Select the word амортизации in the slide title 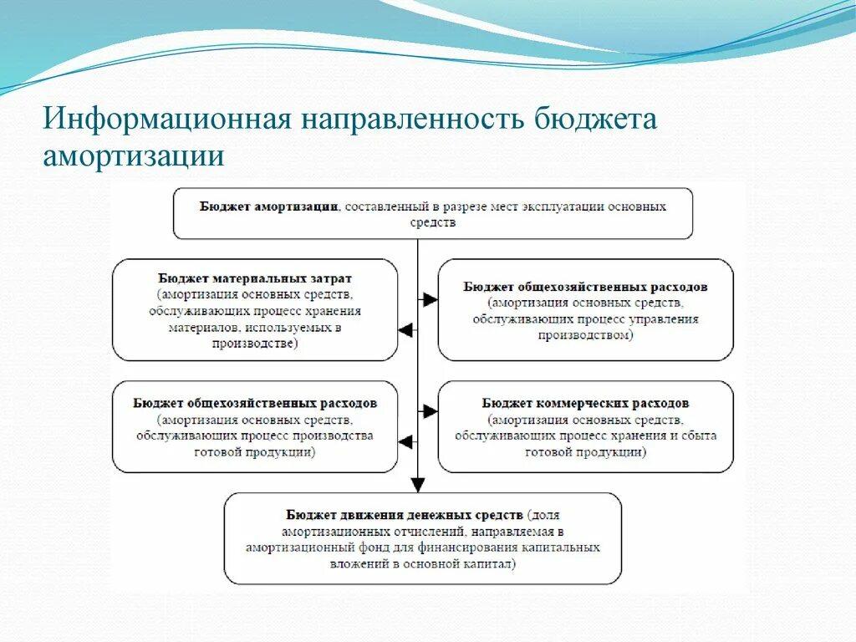134,156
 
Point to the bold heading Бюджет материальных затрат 255,278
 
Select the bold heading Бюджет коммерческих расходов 585,403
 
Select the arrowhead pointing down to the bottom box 418,484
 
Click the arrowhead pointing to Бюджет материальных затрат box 405,330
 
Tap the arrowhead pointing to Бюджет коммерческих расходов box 430,411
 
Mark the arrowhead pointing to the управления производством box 430,299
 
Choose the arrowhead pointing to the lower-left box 405,441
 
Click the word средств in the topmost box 432,222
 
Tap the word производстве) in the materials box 255,344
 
